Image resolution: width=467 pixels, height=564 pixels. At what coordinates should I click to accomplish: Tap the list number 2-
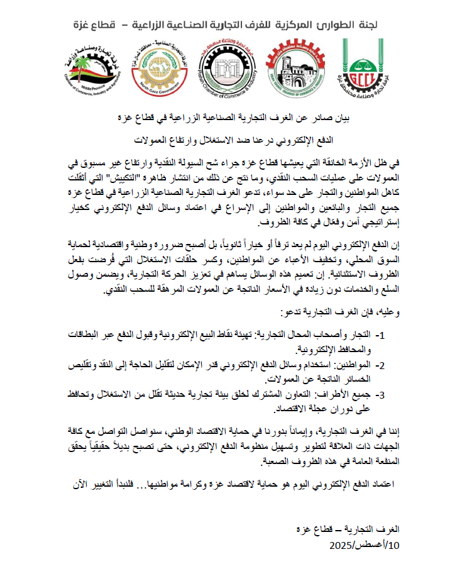click(x=387, y=365)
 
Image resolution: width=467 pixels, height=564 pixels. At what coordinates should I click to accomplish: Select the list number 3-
click(x=387, y=394)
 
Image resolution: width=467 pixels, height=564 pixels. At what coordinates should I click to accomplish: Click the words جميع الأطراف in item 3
click(x=352, y=394)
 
